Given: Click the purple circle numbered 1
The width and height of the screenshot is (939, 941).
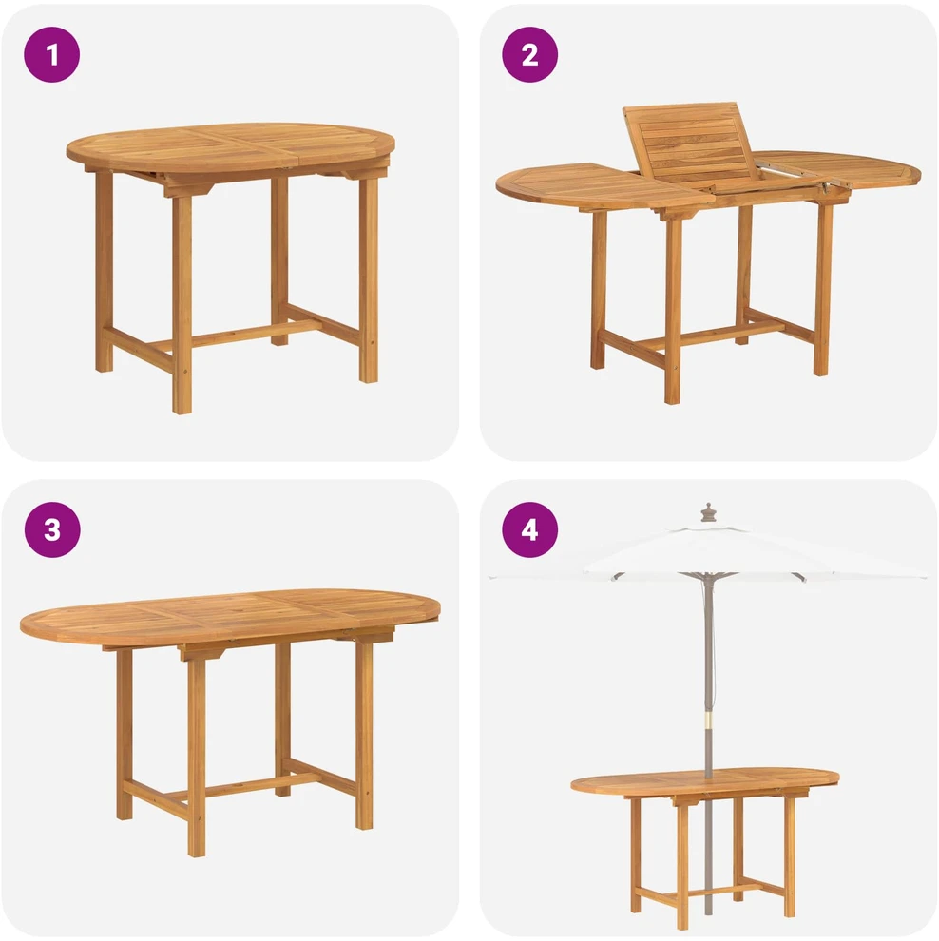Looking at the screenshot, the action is click(51, 54).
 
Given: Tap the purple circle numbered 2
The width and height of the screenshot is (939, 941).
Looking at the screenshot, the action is click(529, 54).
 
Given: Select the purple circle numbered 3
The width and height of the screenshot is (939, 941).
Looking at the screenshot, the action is click(52, 530).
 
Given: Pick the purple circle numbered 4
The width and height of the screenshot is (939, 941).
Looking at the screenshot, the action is click(529, 530).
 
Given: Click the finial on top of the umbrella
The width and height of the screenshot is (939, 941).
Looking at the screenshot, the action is click(709, 513).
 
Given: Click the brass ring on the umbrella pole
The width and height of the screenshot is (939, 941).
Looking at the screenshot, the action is click(709, 720).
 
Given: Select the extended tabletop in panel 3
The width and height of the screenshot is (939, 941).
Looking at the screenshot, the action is click(230, 617).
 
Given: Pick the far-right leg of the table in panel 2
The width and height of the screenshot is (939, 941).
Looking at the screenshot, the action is click(823, 288).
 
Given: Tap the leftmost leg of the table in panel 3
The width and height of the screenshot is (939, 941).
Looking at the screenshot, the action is click(125, 734).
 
